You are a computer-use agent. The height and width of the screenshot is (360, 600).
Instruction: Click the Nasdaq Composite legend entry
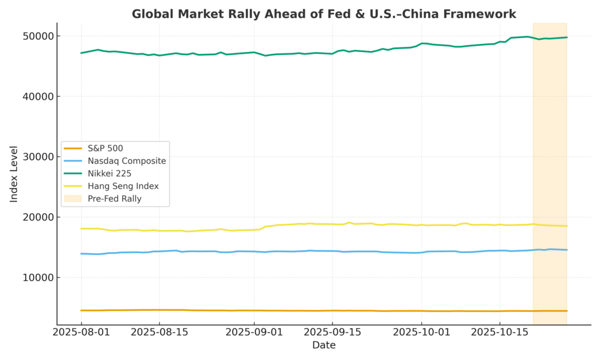tap(127, 161)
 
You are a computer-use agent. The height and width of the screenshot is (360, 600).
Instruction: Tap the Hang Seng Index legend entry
tap(123, 186)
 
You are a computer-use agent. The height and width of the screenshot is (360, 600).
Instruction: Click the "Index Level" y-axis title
tap(14, 174)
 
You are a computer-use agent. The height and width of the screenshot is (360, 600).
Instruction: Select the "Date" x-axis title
tap(323, 345)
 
